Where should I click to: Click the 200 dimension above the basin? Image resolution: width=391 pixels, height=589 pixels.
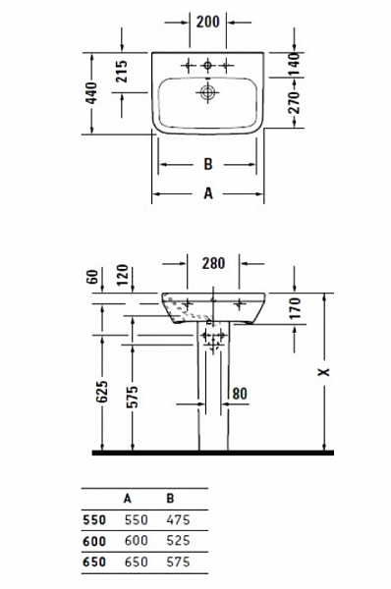pyautogui.click(x=207, y=20)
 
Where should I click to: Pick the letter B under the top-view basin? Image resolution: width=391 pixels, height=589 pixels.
pyautogui.click(x=207, y=164)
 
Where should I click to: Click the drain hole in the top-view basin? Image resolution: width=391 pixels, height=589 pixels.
pyautogui.click(x=207, y=94)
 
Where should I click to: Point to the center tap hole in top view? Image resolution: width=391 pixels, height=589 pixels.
pyautogui.click(x=207, y=65)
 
